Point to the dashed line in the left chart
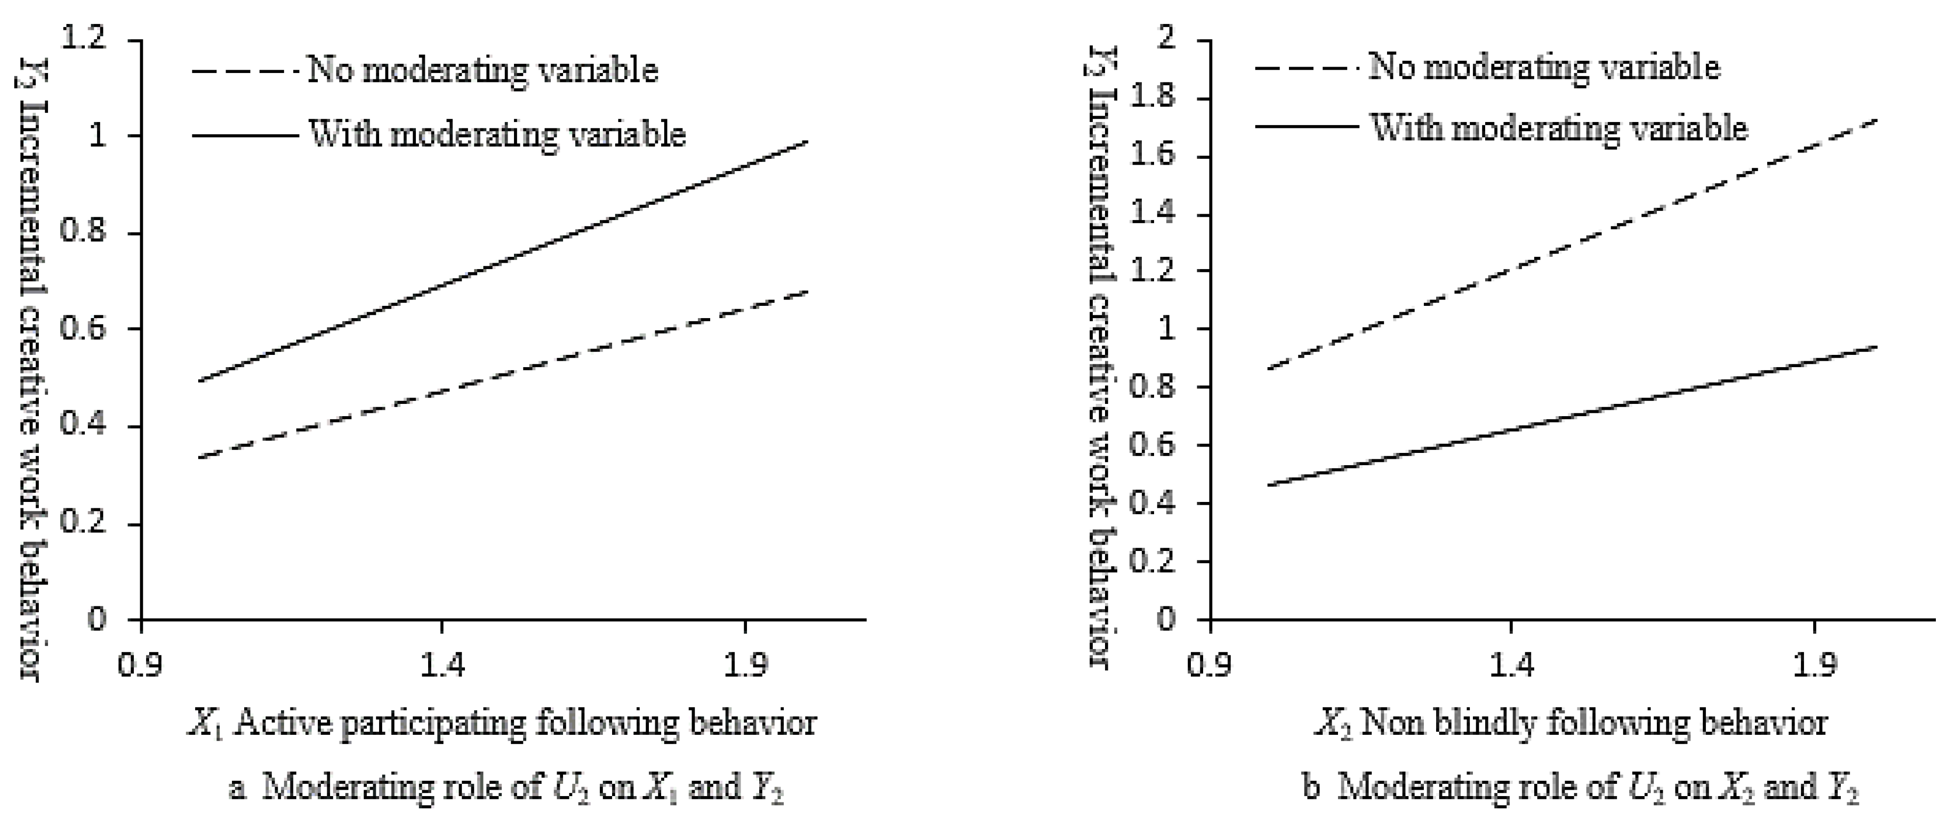click(501, 375)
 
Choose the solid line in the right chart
click(1571, 416)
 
